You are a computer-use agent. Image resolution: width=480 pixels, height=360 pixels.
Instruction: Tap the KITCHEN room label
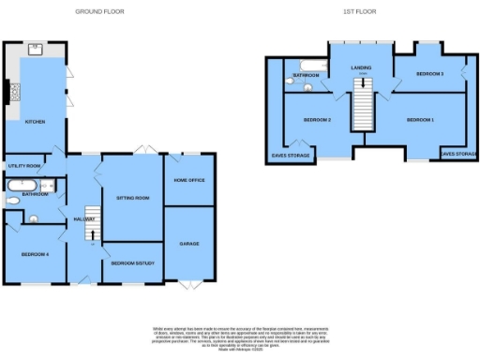(35, 121)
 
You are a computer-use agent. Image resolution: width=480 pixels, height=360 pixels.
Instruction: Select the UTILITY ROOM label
(23, 166)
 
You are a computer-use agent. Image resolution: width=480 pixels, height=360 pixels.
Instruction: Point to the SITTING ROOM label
(132, 198)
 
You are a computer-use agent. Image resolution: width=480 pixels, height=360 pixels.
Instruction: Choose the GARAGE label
(189, 243)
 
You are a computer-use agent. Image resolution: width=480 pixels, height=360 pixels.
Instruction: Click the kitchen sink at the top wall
(36, 46)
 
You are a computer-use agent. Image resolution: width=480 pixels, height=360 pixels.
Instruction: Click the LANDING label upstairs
(361, 68)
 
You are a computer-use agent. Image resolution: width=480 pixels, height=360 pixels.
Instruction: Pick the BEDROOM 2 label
(317, 120)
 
